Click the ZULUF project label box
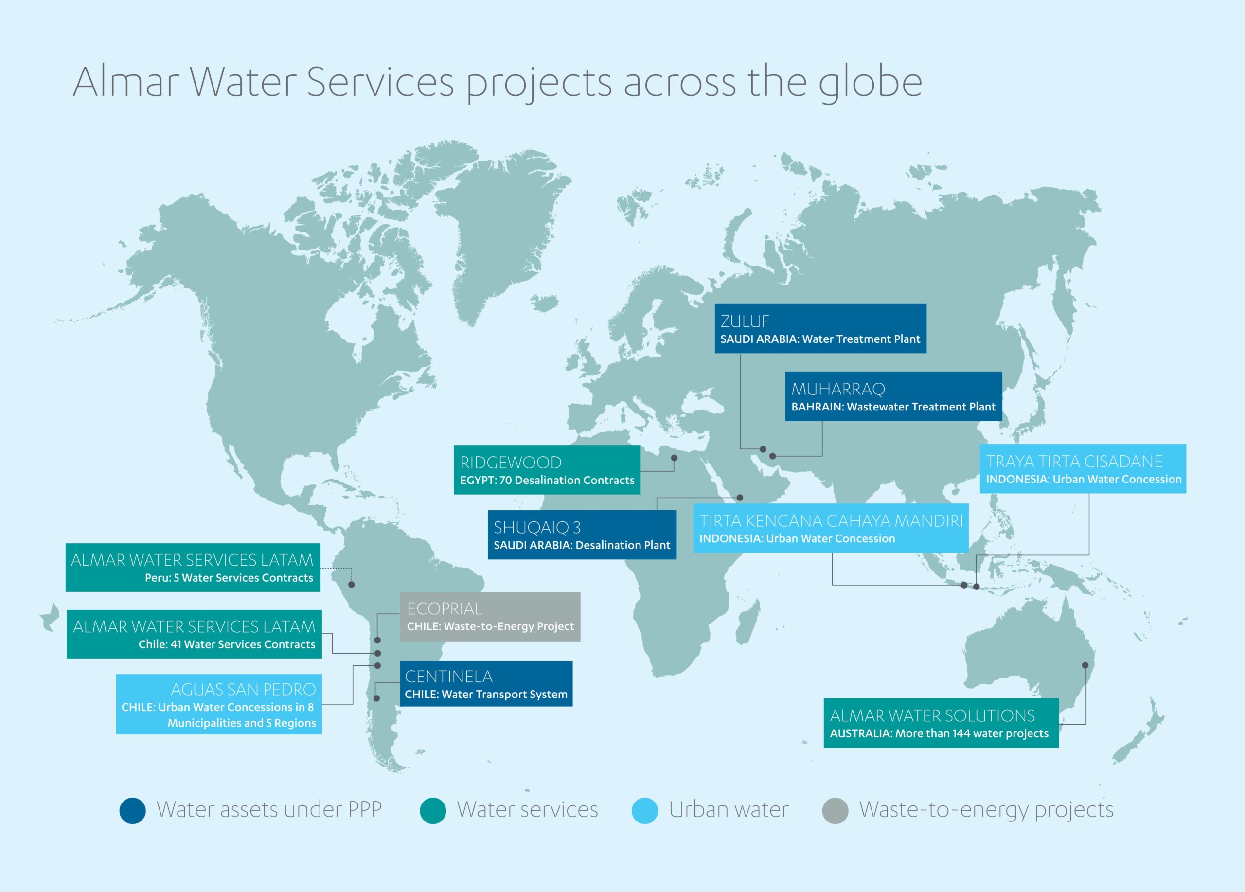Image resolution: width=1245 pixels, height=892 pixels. (x=820, y=328)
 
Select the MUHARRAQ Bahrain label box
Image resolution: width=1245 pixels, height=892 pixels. (x=893, y=396)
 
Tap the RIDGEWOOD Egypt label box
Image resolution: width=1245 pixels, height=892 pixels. (x=547, y=469)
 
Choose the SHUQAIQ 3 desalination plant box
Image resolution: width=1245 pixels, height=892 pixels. (x=582, y=535)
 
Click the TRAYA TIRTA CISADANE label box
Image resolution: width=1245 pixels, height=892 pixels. (x=1083, y=468)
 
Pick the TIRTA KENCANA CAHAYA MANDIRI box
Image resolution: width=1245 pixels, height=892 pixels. (x=831, y=528)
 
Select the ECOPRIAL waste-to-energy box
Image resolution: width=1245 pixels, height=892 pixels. (x=490, y=616)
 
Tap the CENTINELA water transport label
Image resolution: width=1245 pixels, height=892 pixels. (x=486, y=684)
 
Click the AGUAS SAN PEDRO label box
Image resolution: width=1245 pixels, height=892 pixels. (x=218, y=704)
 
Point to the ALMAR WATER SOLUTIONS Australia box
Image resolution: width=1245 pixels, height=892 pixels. (x=941, y=723)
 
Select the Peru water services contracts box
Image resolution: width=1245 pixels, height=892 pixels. (x=193, y=568)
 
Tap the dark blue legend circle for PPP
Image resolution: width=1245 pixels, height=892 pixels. (x=132, y=811)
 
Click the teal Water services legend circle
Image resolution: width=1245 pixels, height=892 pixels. (x=432, y=811)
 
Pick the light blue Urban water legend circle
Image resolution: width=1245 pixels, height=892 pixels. (x=644, y=811)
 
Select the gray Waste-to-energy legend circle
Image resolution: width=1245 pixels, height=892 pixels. (x=835, y=811)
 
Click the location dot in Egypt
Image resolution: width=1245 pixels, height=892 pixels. (x=674, y=458)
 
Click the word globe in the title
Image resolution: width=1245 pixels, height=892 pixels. (x=870, y=84)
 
